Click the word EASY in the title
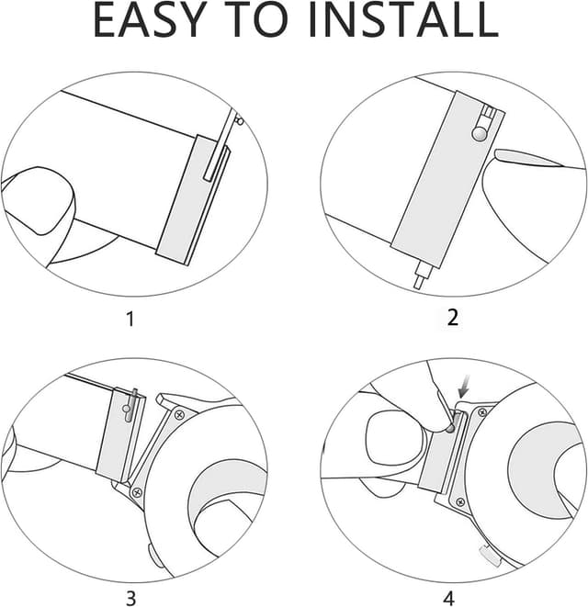[x=148, y=20]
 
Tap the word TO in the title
[x=257, y=20]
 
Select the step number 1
[x=130, y=320]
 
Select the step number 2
[x=452, y=319]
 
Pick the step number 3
[x=131, y=598]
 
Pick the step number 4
[x=448, y=598]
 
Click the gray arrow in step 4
[x=464, y=389]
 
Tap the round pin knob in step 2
[x=480, y=134]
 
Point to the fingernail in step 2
[x=528, y=158]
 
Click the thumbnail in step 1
[x=38, y=201]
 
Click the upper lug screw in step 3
[x=179, y=415]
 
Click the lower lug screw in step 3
[x=137, y=493]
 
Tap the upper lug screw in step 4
[x=481, y=412]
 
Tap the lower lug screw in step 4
[x=460, y=502]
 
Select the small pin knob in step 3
[x=126, y=409]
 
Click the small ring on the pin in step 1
[x=241, y=122]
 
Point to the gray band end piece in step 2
[x=447, y=179]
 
